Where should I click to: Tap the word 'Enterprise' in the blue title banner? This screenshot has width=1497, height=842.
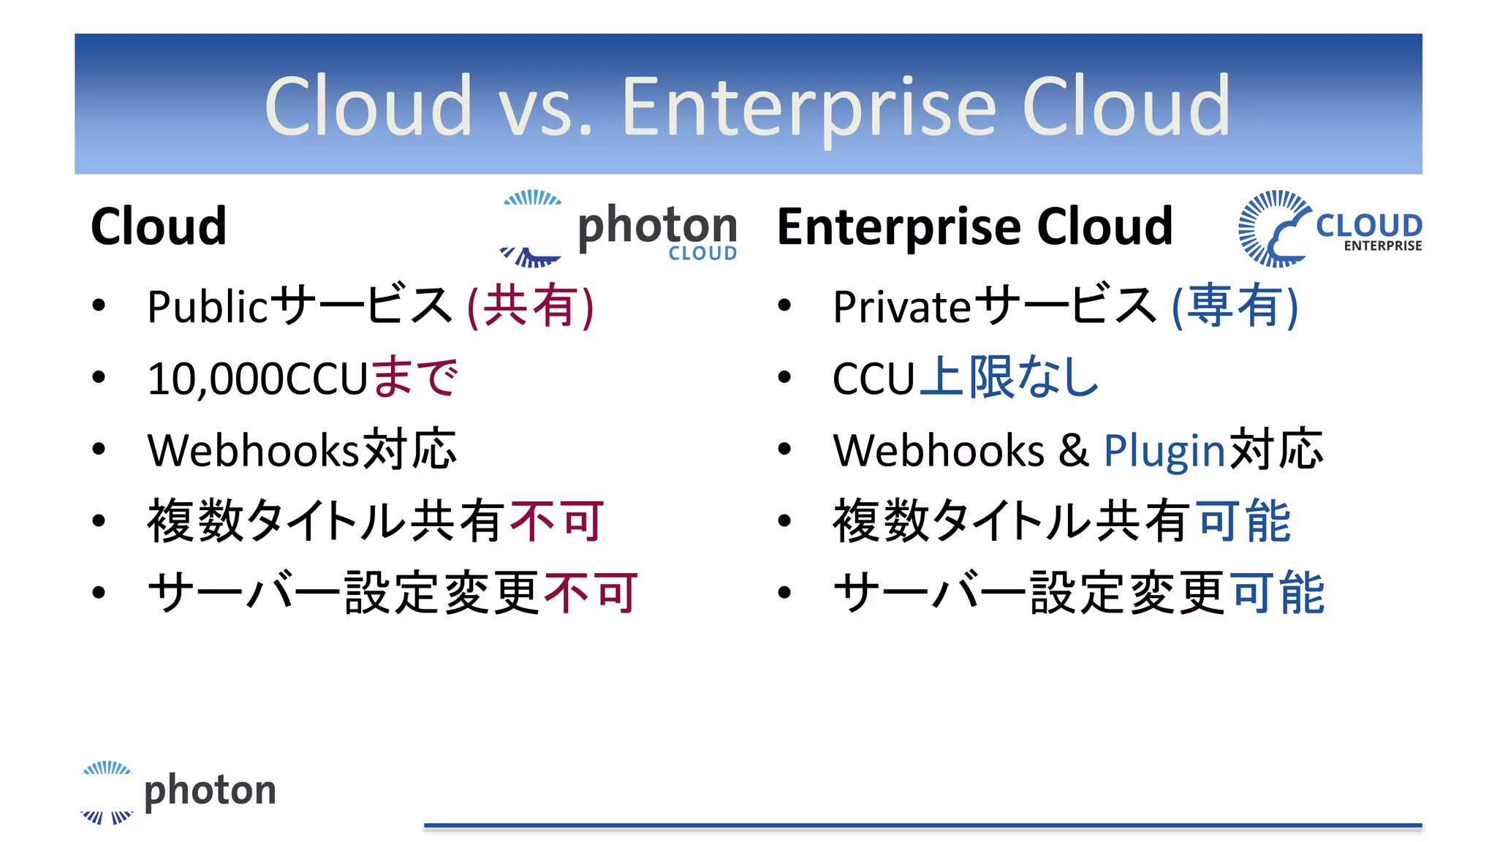809,107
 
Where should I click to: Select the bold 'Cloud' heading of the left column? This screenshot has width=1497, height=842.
159,227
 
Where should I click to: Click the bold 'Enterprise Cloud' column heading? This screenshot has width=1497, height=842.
974,227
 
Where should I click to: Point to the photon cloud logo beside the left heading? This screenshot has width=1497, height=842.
618,229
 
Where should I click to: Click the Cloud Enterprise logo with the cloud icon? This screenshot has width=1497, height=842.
1330,229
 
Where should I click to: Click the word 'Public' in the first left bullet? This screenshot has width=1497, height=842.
208,306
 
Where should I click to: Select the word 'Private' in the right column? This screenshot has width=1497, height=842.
901,306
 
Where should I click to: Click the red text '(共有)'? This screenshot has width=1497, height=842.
531,306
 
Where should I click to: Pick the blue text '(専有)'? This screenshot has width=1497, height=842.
1235,306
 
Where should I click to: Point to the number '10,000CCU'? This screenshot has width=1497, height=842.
257,379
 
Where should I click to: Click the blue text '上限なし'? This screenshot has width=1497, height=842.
1009,377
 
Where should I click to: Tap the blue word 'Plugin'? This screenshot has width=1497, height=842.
1164,450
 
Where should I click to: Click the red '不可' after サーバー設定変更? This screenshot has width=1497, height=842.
591,593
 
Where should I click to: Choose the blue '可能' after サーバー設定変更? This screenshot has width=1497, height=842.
1277,593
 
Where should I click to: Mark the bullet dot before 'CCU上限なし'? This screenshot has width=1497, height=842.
784,378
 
